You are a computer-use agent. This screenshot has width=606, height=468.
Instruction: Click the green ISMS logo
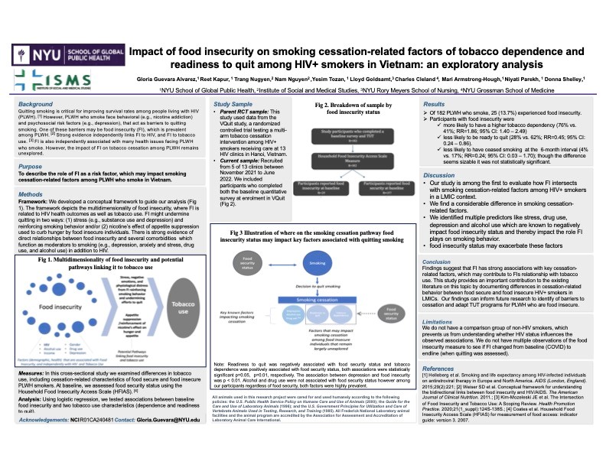(61, 81)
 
